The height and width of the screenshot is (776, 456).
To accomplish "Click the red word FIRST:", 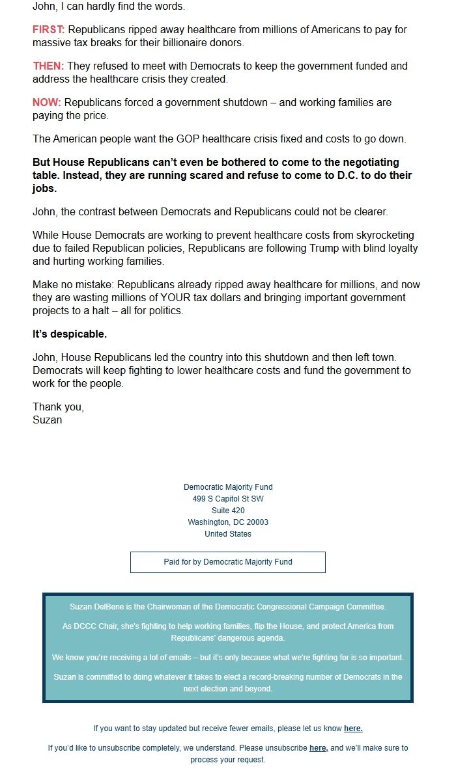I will coord(49,30).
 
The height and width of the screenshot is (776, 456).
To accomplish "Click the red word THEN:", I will coord(48,66).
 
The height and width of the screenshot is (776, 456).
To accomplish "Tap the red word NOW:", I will coord(46,103).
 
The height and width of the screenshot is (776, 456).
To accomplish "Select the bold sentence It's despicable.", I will coord(70,334).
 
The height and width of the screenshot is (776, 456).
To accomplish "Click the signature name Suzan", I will coord(48,420).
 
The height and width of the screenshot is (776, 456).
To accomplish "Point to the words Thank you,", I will coord(59,407).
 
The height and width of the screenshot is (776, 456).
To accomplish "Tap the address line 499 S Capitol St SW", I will coord(228,499).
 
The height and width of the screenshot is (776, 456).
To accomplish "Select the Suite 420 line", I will coord(228,511).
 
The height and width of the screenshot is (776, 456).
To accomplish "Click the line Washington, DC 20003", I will coord(228,522).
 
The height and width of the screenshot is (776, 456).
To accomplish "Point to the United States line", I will coord(228,534).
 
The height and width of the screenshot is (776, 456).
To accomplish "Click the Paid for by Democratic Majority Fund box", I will coord(228,562).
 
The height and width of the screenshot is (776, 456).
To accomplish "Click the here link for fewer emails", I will coord(353,729).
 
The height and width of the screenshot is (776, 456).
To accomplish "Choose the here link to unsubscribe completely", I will coord(318,748).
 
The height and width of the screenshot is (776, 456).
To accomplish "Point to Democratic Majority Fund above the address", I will coord(228,487).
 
